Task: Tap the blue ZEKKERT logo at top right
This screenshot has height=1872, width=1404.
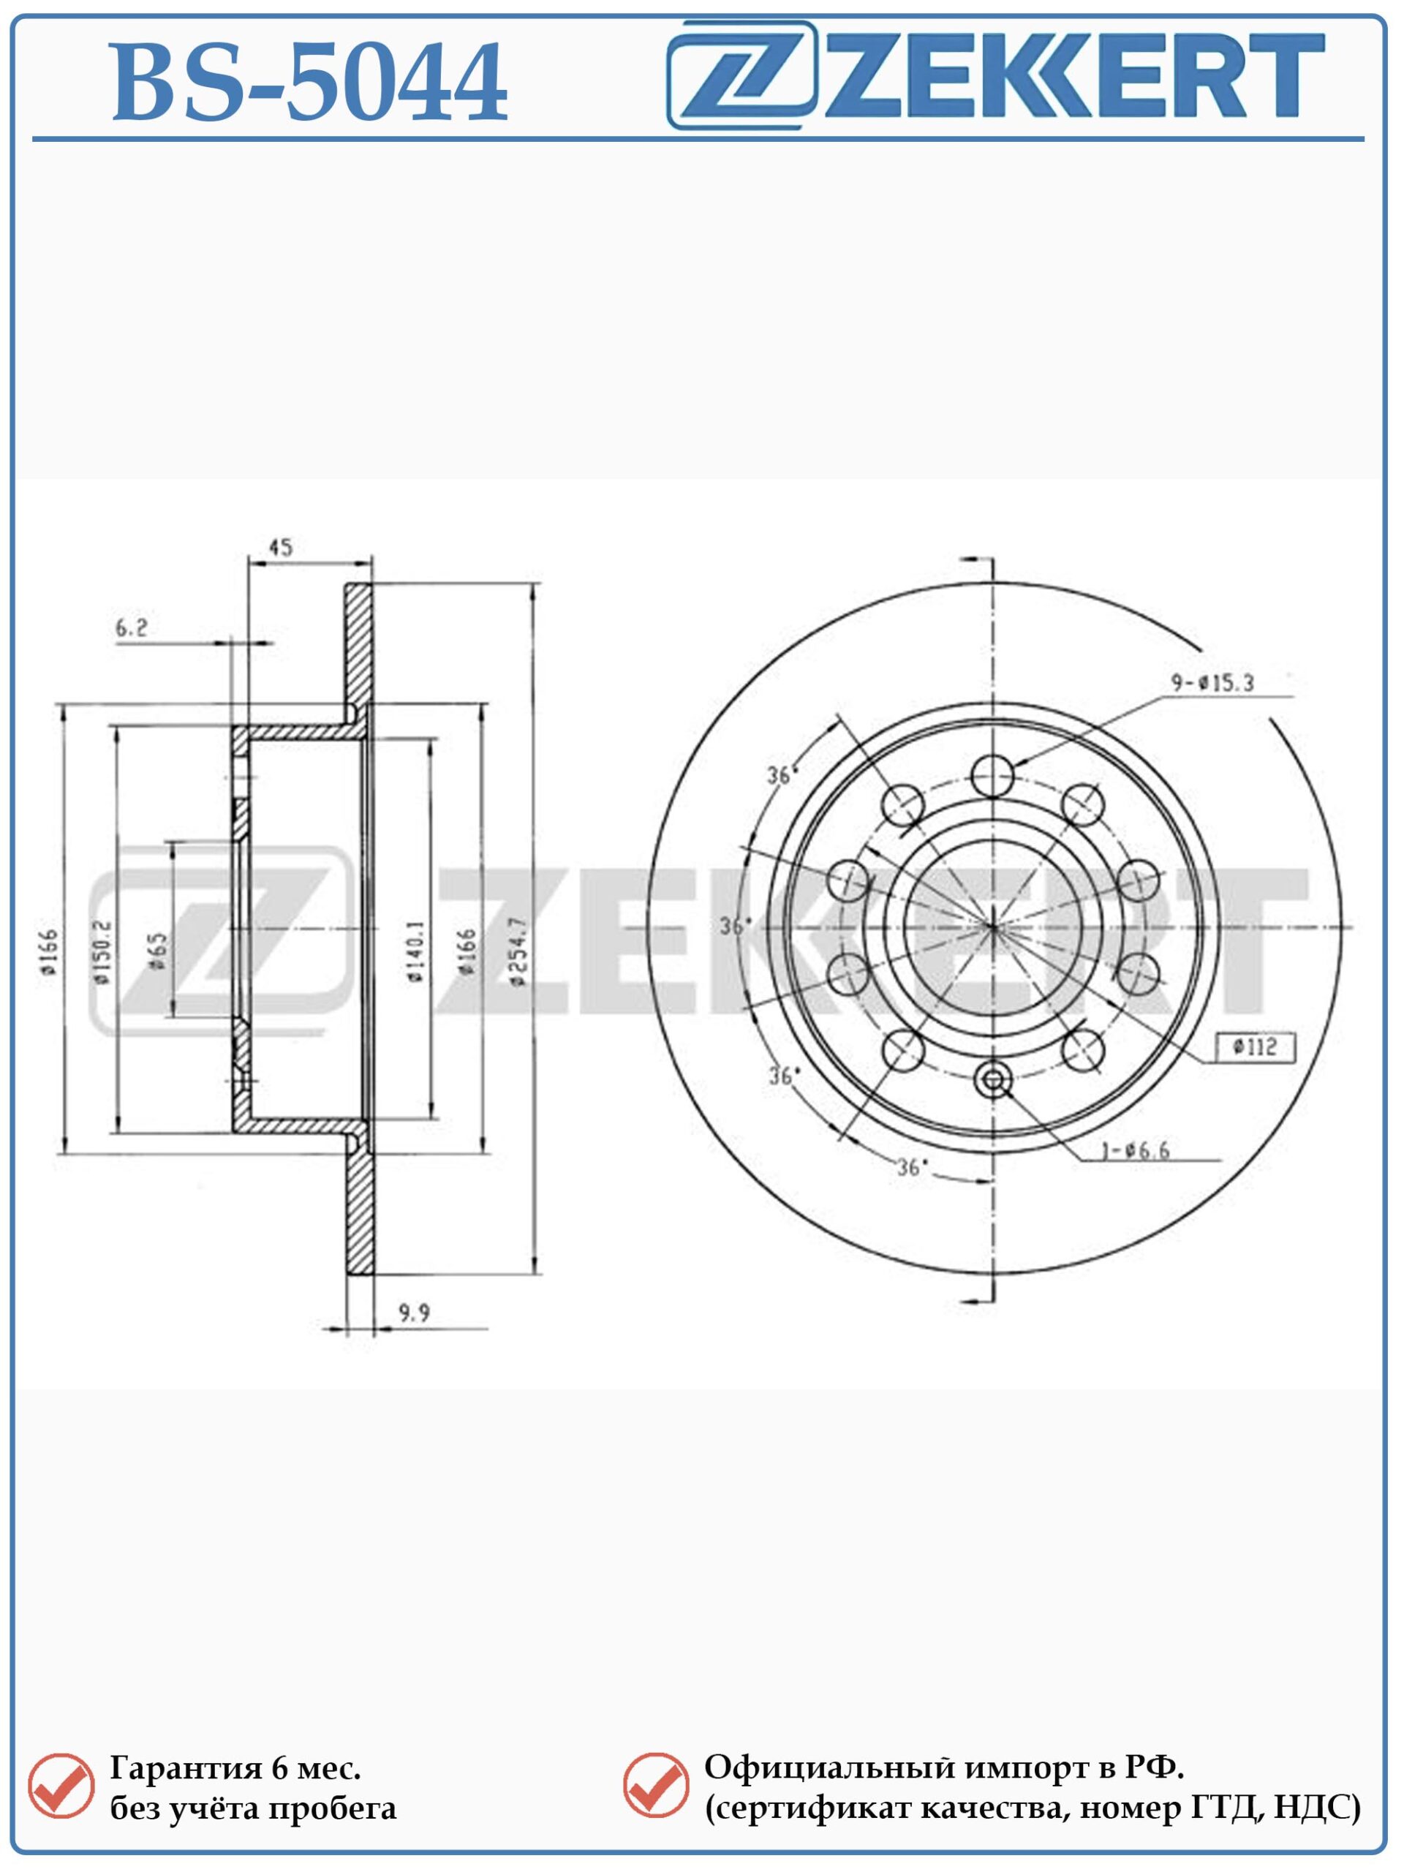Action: pos(995,75)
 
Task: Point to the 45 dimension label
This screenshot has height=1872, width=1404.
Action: pos(280,548)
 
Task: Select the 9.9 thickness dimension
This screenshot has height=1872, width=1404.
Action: pos(415,1313)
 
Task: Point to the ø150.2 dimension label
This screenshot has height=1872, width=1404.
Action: pos(102,952)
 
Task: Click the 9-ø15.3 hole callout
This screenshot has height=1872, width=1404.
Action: pos(1212,682)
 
